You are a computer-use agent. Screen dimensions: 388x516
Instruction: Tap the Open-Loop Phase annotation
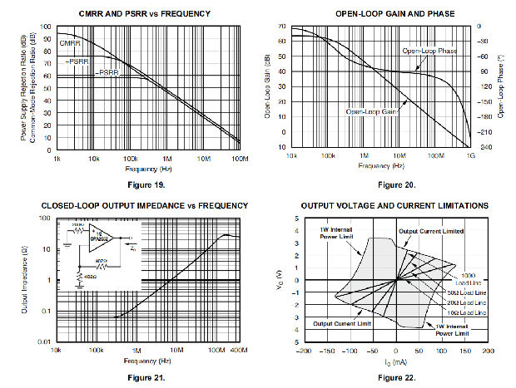[x=429, y=52]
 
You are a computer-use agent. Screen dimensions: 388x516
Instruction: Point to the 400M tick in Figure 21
[x=240, y=351]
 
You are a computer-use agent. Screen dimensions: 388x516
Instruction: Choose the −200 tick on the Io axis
[x=304, y=351]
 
